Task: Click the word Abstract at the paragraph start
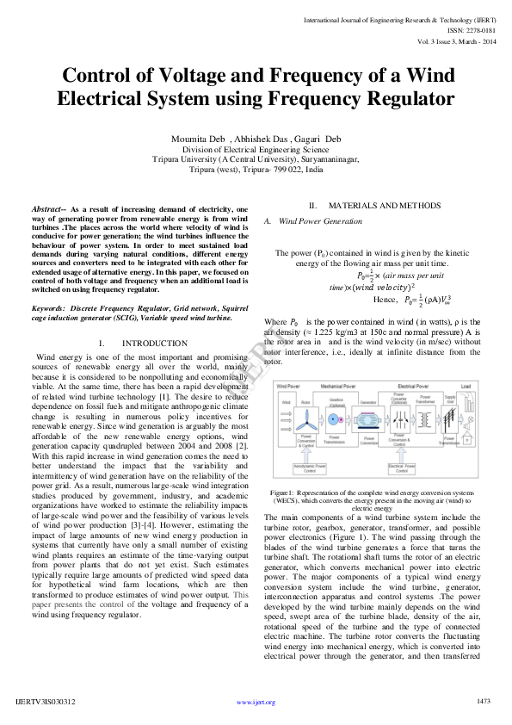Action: pos(47,209)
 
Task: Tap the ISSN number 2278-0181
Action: pos(477,28)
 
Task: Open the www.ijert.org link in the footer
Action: pos(256,703)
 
